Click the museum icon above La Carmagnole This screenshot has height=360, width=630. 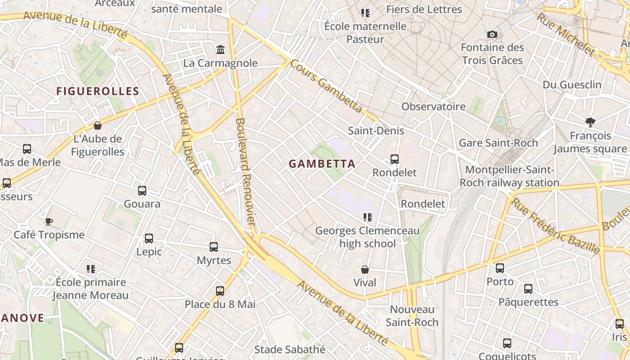pyautogui.click(x=220, y=49)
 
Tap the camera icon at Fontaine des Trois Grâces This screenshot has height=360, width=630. pyautogui.click(x=492, y=34)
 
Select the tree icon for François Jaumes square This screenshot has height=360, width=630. pyautogui.click(x=590, y=122)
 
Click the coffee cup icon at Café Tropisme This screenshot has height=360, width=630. pyautogui.click(x=49, y=221)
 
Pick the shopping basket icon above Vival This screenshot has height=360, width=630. pyautogui.click(x=365, y=270)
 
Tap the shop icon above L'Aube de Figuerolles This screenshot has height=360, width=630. pyautogui.click(x=97, y=126)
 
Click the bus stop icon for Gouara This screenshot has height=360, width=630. pyautogui.click(x=142, y=191)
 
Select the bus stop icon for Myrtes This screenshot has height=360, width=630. pyautogui.click(x=214, y=247)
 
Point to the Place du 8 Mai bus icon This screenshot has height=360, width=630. pyautogui.click(x=220, y=291)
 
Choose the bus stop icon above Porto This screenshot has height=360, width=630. pyautogui.click(x=500, y=268)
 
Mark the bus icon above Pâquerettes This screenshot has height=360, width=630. pyautogui.click(x=528, y=289)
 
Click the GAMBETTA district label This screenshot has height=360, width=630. pyautogui.click(x=322, y=164)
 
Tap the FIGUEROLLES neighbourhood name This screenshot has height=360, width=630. pyautogui.click(x=98, y=91)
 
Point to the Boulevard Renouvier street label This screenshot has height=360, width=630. pyautogui.click(x=246, y=171)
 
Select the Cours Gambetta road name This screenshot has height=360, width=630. pyautogui.click(x=326, y=86)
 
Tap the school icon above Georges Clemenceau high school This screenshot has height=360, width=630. pyautogui.click(x=368, y=218)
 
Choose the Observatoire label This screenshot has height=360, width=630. pyautogui.click(x=433, y=107)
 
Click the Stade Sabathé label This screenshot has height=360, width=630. pyautogui.click(x=290, y=349)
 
